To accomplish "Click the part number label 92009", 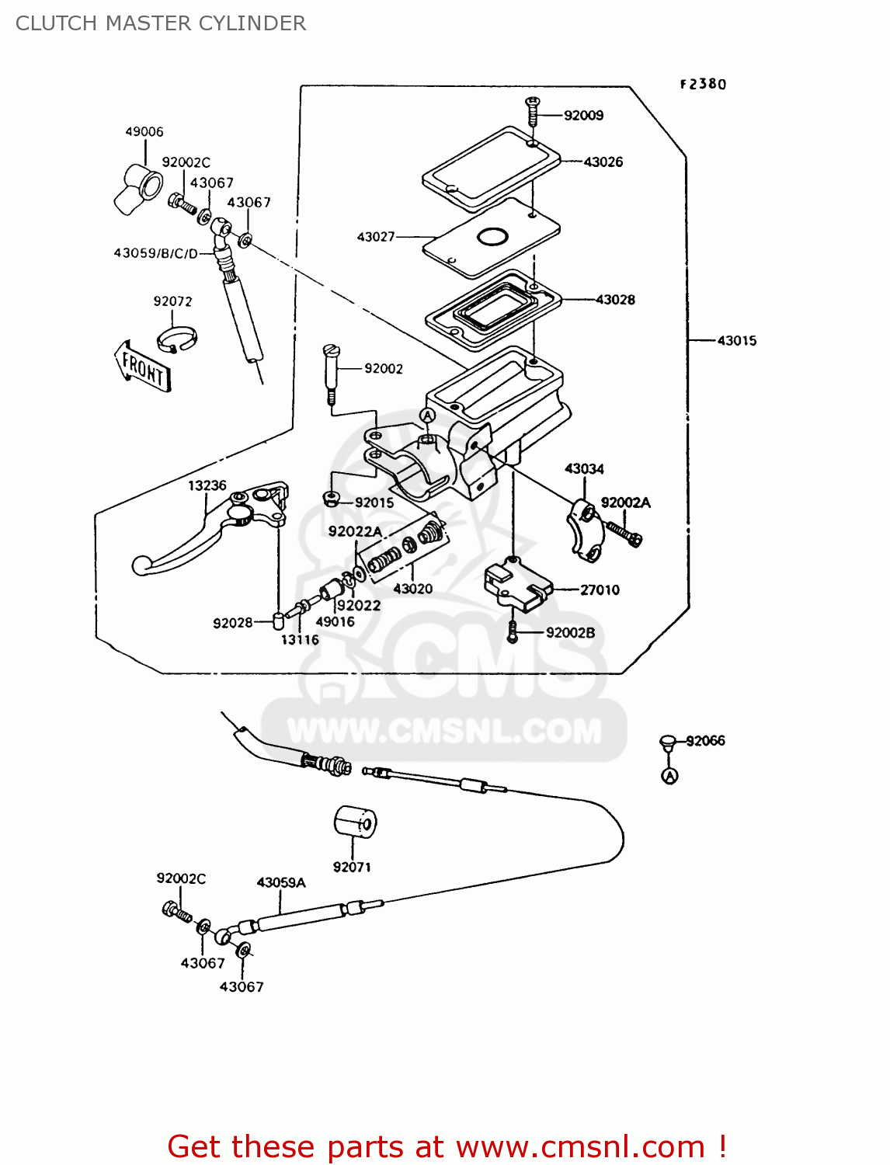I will click(x=583, y=116).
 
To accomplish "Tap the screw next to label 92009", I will click(x=533, y=112).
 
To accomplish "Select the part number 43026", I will click(x=603, y=162).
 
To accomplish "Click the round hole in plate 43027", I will click(x=492, y=236).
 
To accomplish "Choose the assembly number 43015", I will click(x=736, y=341).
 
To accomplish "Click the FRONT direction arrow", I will click(x=142, y=367).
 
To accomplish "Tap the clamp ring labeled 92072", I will click(x=176, y=339).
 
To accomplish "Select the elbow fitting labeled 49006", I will click(x=139, y=187).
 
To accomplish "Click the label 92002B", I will click(x=570, y=633).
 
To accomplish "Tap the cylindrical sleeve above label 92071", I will click(x=355, y=822).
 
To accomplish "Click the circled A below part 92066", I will click(x=669, y=776).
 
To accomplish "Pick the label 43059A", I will click(x=281, y=883).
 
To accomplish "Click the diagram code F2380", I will click(x=703, y=85).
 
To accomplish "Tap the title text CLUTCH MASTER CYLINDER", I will click(x=161, y=23).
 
